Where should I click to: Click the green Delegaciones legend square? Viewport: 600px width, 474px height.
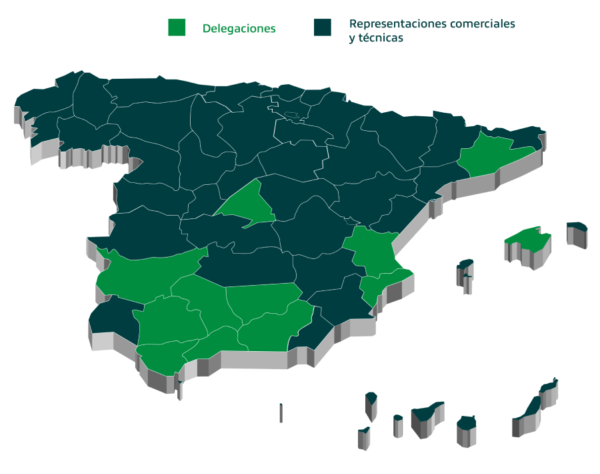pyautogui.click(x=177, y=27)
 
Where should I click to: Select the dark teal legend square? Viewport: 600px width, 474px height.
pyautogui.click(x=323, y=27)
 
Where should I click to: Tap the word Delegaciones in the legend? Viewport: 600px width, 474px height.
pyautogui.click(x=239, y=29)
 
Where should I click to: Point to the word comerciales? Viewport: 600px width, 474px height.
pyautogui.click(x=483, y=24)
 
